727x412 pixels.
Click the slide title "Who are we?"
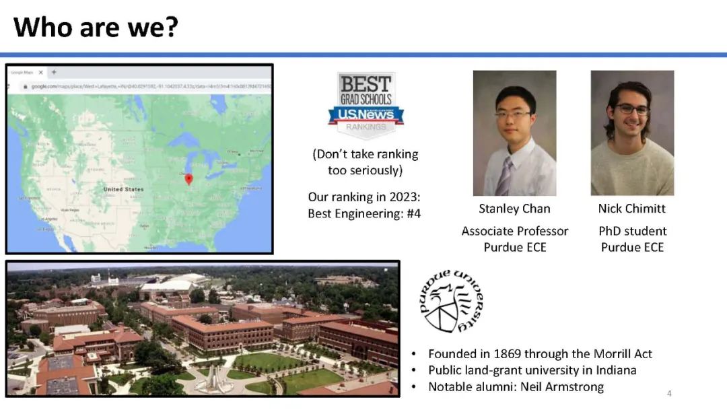[x=96, y=27]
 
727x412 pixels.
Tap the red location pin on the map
[x=189, y=178]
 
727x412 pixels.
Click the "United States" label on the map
[x=123, y=190]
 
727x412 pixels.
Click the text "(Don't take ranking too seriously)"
[x=365, y=162]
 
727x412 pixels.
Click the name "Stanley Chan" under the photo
[x=514, y=209]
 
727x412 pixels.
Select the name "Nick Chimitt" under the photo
[x=631, y=209]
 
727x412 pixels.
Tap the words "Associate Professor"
[x=514, y=231]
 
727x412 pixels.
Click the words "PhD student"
[x=632, y=231]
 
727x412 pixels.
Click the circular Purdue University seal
[x=450, y=301]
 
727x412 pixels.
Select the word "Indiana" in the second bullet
[x=613, y=370]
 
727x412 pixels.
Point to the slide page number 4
[x=669, y=393]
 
